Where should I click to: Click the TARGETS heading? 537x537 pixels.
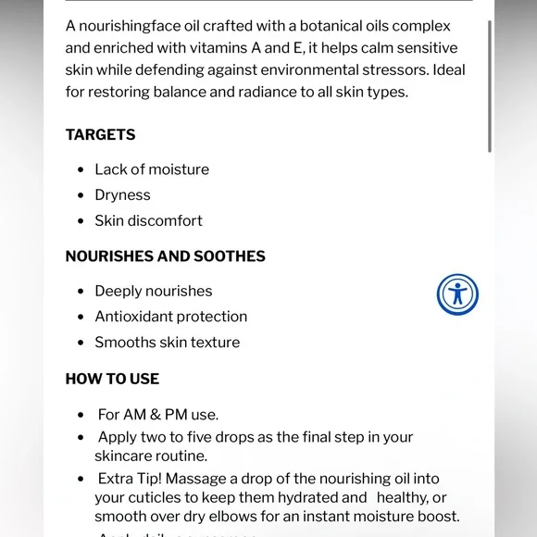pyautogui.click(x=100, y=135)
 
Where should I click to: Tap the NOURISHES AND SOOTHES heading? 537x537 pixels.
pyautogui.click(x=165, y=256)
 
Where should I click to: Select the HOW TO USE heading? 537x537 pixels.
pyautogui.click(x=112, y=379)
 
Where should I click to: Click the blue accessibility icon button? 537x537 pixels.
pyautogui.click(x=457, y=294)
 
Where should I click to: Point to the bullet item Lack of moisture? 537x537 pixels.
pyautogui.click(x=152, y=169)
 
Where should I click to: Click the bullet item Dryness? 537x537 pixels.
pyautogui.click(x=122, y=195)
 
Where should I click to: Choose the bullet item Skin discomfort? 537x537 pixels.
pyautogui.click(x=148, y=221)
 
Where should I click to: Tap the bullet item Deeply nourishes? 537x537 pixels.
pyautogui.click(x=154, y=292)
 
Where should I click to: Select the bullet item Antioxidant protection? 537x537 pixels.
pyautogui.click(x=170, y=317)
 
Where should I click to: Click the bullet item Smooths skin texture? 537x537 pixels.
pyautogui.click(x=167, y=343)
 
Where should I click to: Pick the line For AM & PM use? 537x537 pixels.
pyautogui.click(x=158, y=415)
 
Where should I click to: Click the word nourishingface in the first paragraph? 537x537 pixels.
pyautogui.click(x=130, y=26)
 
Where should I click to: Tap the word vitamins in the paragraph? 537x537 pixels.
pyautogui.click(x=219, y=48)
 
